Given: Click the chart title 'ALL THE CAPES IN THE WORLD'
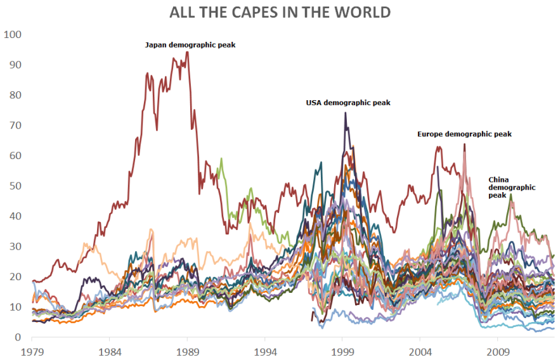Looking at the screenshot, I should pos(280,12).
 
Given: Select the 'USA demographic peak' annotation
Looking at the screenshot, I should pos(348,103).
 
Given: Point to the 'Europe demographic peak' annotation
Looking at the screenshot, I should pos(464,134).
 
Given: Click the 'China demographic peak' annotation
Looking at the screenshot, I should pos(512,188).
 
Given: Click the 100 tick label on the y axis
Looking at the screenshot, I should pos(13,34).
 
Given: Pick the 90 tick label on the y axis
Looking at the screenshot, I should pos(15,65).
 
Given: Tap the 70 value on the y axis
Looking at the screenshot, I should pos(15,125).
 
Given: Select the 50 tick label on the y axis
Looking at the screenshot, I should pos(15,186).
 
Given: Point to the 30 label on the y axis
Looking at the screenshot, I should pos(15,247).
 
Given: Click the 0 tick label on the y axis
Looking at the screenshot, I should pos(18,338).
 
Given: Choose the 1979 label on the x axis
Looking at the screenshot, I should pos(32,350).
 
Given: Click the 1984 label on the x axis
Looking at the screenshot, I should pos(110,350).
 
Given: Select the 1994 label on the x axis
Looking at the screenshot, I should pos(266,350).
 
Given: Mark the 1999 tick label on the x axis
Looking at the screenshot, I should pos(343,350).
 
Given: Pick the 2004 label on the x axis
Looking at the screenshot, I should pos(421,350).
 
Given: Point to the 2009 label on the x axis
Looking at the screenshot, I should pos(498,350).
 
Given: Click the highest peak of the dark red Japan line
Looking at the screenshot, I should pos(187,52).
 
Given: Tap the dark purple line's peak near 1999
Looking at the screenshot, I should pos(346,113).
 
